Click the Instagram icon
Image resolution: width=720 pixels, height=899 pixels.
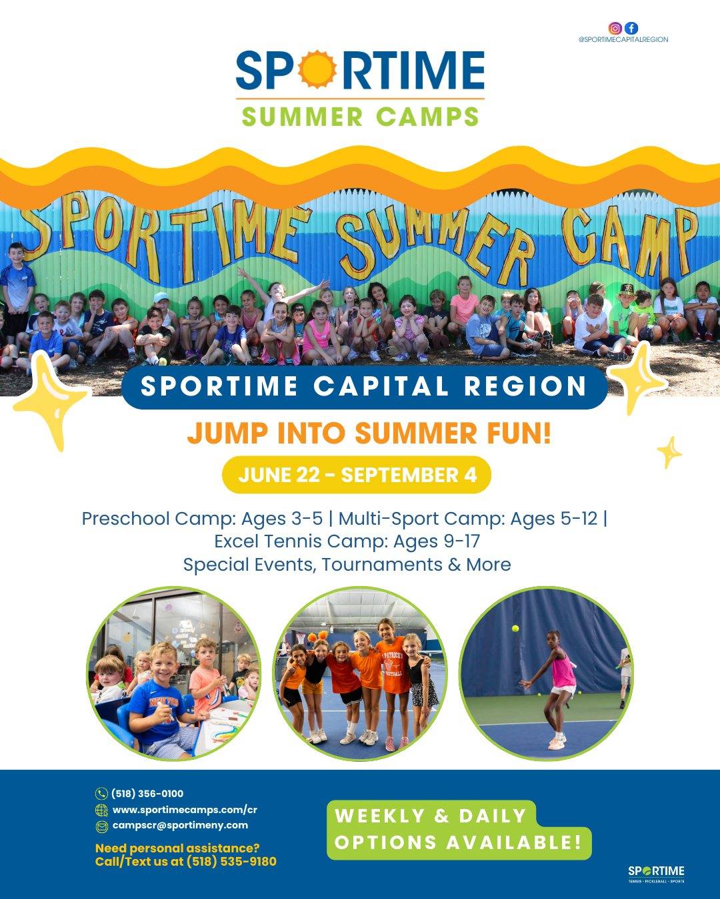615,28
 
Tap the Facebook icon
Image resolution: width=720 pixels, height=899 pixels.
631,28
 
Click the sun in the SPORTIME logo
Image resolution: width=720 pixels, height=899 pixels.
317,69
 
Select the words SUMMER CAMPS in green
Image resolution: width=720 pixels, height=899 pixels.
360,117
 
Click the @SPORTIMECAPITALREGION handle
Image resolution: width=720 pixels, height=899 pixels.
623,40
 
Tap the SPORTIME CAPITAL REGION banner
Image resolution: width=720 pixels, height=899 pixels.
364,386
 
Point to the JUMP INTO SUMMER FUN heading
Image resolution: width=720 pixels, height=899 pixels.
369,434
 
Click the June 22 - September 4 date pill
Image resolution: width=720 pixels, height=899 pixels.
357,475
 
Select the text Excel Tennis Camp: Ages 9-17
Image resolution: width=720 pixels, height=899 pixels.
347,541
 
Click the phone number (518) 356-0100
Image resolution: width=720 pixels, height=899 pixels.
147,794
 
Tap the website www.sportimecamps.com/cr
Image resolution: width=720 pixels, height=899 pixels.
185,810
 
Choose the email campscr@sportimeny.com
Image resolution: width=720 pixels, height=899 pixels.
180,826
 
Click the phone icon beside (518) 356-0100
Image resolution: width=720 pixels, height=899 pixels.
101,794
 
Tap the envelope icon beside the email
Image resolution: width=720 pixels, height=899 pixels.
101,826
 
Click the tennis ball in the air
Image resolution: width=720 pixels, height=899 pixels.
515,640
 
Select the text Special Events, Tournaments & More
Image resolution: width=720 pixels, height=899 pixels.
347,565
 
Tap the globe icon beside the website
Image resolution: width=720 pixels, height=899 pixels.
101,810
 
